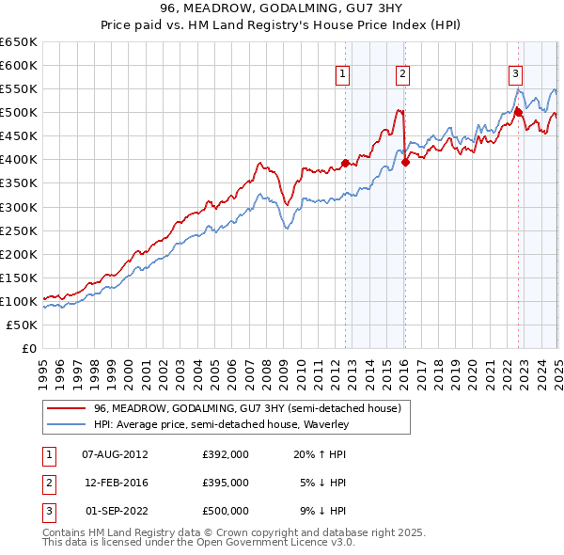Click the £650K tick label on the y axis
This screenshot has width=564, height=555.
coord(19,42)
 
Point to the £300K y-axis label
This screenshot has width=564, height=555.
coord(19,207)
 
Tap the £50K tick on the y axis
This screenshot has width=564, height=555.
coord(23,325)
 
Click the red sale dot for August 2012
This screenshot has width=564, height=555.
coord(345,163)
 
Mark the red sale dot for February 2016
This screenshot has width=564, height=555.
coord(406,162)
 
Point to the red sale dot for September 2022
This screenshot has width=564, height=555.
coord(518,112)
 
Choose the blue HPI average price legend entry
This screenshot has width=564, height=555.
coord(221,424)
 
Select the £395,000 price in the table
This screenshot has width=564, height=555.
coord(226,482)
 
